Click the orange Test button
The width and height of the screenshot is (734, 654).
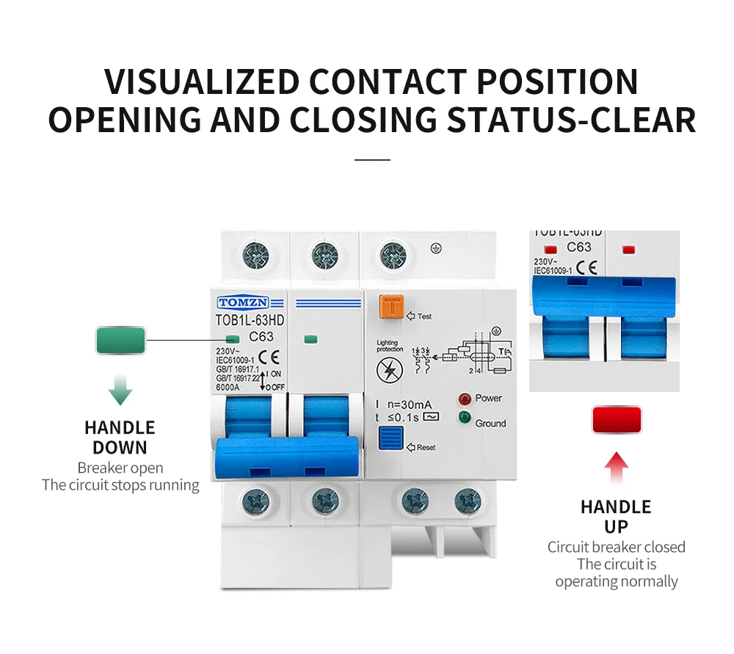[391, 307]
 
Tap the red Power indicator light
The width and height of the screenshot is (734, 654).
[464, 399]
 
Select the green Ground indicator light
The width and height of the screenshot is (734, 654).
[464, 418]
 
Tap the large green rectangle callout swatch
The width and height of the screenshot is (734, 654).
[120, 341]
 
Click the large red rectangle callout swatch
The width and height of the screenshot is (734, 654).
[617, 420]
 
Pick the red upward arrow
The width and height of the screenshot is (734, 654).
[617, 468]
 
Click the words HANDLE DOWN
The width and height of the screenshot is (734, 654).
[120, 437]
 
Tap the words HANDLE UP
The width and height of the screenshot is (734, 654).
[616, 517]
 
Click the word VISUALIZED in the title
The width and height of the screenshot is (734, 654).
[203, 81]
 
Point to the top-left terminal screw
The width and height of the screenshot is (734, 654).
[255, 256]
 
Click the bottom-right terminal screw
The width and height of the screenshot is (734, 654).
[468, 501]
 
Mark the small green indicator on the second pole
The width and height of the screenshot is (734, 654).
[310, 339]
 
